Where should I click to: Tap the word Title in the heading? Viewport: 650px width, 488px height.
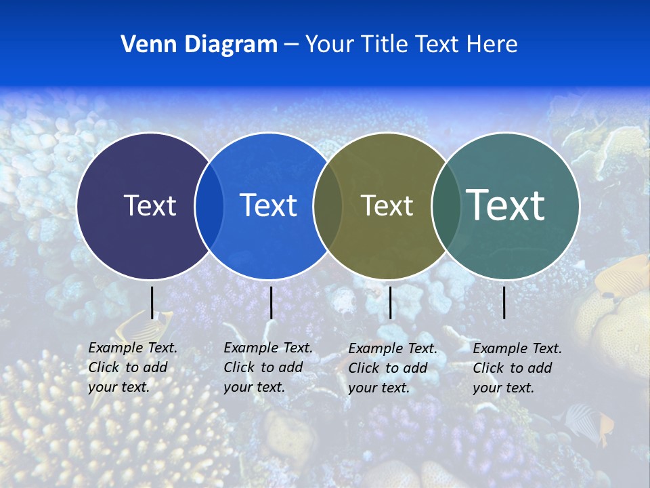387,45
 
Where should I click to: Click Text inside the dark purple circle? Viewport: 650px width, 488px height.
150,205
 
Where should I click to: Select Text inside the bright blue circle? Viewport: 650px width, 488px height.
268,205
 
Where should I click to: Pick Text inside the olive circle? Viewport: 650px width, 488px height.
387,205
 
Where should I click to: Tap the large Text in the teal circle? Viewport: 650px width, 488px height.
506,205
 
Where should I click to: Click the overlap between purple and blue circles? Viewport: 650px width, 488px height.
209,206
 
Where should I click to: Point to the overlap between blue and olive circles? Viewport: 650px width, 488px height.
328,206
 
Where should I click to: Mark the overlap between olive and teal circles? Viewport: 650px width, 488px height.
446,206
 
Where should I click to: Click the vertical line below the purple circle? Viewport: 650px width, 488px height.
152,302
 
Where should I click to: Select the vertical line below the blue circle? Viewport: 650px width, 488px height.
271,302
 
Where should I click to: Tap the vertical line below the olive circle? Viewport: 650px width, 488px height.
390,302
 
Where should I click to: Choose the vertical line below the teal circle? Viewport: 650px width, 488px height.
504,302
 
